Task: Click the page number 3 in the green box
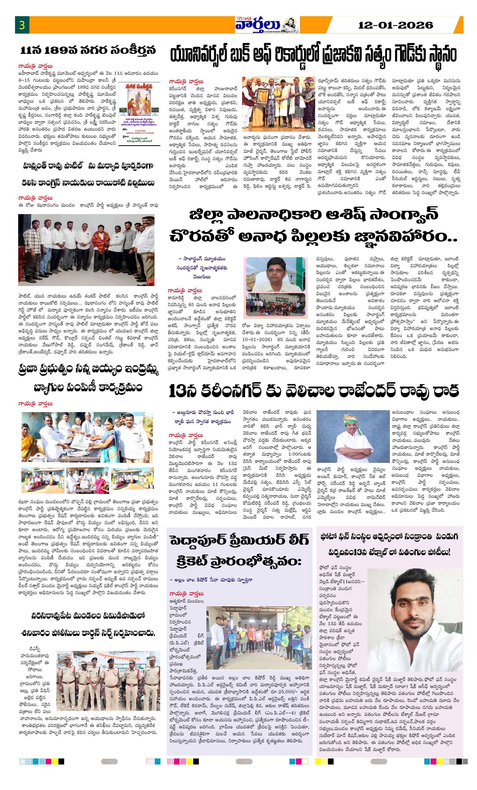pos(22,25)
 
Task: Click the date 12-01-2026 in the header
pos(395,25)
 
